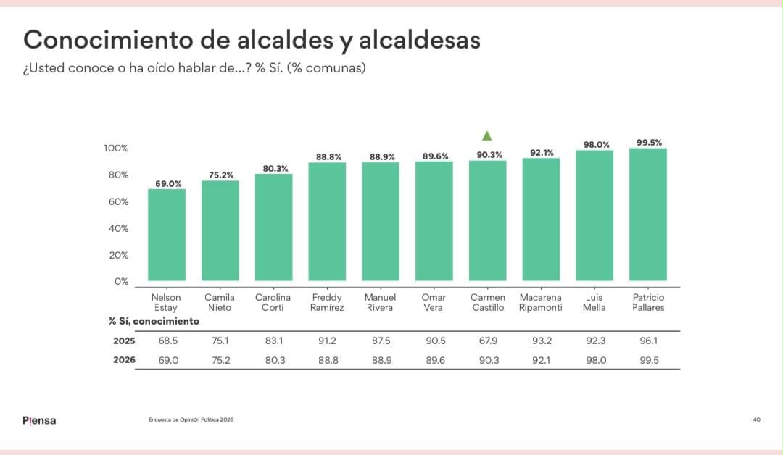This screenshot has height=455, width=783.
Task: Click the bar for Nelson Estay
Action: pos(167,235)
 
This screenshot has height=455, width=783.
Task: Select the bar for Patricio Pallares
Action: pos(648,214)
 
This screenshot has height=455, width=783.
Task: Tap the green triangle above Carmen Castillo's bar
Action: pos(487,135)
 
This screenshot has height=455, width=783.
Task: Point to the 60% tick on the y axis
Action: pos(118,201)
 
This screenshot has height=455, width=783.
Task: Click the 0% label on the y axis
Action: pos(121,281)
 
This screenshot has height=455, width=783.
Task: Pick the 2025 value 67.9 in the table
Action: pos(489,341)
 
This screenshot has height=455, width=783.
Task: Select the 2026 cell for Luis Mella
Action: pos(596,360)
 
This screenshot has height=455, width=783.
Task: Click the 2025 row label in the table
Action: pos(125,341)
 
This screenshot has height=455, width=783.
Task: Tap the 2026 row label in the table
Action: pos(125,359)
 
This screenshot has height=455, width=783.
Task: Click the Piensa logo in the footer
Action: pos(39,420)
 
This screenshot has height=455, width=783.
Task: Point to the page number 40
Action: pos(756,419)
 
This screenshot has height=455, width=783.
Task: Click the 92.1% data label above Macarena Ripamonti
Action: pos(542,153)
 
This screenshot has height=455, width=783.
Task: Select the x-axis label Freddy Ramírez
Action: pos(327,302)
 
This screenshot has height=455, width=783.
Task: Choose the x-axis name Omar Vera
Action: pos(434,302)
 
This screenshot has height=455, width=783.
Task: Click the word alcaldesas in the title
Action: pos(420,40)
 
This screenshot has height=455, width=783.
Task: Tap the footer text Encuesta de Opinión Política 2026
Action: pos(191,419)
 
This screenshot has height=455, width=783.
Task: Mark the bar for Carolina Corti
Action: pos(273,227)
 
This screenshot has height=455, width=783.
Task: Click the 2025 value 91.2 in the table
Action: pos(327,341)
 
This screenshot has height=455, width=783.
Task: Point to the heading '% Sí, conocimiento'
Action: pos(154,321)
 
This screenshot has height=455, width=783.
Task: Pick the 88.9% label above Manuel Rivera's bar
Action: pos(382,157)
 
